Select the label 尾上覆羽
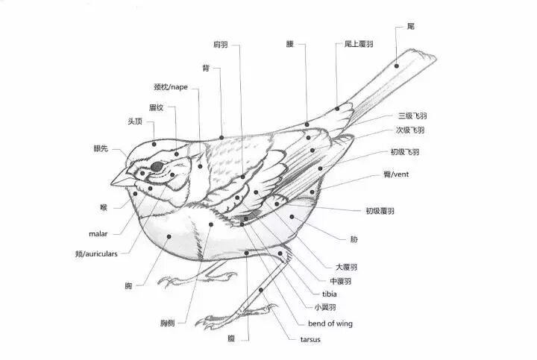click(359, 45)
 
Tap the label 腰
click(289, 45)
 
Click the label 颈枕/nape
click(172, 87)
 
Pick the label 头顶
click(135, 122)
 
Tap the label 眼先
click(100, 149)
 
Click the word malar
click(98, 233)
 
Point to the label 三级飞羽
click(412, 116)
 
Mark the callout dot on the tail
click(396, 66)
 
